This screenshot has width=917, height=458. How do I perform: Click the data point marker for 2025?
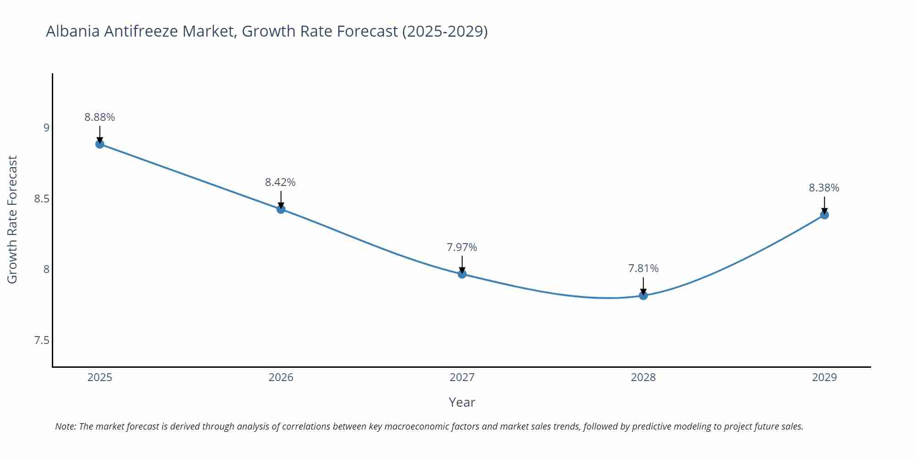point(99,144)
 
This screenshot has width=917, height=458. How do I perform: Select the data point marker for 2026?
point(281,209)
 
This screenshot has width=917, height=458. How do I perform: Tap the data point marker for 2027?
point(462,274)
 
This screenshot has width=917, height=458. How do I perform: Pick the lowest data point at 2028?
point(643,296)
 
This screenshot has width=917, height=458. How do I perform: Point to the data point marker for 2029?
point(824,215)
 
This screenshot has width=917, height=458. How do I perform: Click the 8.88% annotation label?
point(99,117)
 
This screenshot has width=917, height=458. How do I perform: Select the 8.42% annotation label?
point(280,182)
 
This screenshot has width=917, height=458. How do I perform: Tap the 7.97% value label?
point(462,247)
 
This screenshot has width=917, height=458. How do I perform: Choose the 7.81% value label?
point(643,268)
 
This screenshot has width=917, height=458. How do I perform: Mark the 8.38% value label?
point(824,188)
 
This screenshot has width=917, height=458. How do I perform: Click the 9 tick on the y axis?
point(46,128)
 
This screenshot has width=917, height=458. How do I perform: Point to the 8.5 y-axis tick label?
point(42,199)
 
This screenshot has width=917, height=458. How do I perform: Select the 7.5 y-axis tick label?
point(42,340)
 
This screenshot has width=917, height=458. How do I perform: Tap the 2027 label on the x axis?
point(462,377)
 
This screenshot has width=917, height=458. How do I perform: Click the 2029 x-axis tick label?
point(824,377)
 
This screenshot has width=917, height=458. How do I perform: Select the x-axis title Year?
point(462,402)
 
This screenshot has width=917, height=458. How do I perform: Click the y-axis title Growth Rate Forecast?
point(12,219)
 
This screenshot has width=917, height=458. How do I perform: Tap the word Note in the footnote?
point(65,426)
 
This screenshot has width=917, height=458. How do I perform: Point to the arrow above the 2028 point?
point(643,286)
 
